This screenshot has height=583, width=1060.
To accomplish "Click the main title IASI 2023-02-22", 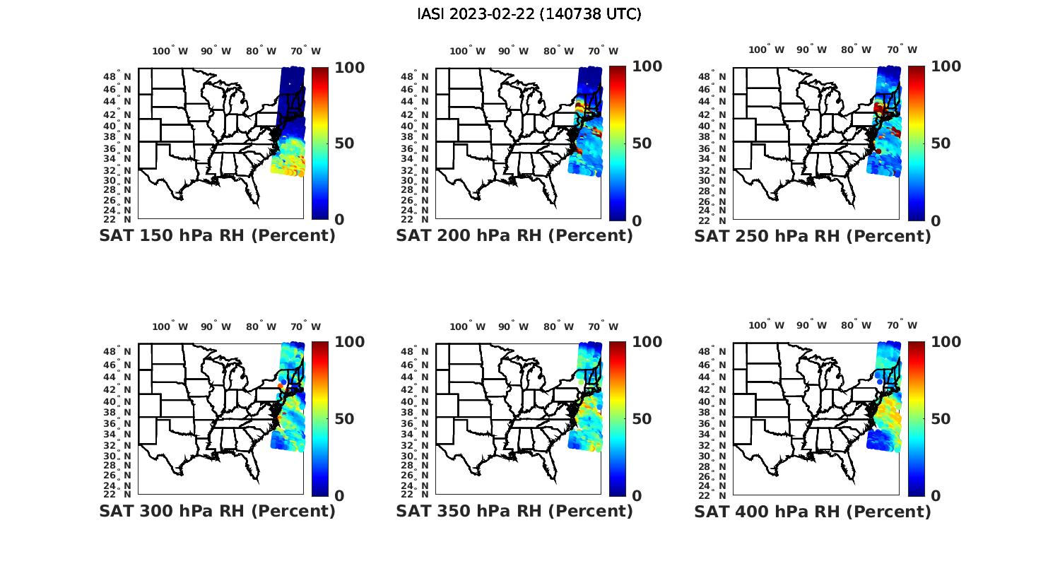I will [529, 14].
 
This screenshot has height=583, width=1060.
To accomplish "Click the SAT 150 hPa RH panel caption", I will [217, 235].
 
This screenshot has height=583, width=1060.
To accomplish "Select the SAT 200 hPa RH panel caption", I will [514, 235].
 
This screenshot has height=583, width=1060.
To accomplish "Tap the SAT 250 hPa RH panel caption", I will [813, 235].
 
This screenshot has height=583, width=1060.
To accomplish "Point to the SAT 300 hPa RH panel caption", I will [217, 511].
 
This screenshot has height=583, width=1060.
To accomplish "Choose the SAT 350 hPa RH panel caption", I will [514, 511].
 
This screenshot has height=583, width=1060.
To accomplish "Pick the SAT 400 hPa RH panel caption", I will [813, 511].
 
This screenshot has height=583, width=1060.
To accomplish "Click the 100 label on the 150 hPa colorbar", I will [350, 67].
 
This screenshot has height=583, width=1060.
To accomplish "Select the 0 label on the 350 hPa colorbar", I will [637, 496].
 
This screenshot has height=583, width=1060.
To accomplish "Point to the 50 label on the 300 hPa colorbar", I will [344, 419].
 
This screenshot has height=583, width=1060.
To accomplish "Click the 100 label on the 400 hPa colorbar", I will [946, 342].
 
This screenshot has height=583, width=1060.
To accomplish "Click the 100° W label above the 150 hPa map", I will [170, 51].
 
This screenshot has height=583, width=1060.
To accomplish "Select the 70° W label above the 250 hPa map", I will [902, 49].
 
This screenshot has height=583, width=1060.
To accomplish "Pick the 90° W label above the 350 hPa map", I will [513, 326].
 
